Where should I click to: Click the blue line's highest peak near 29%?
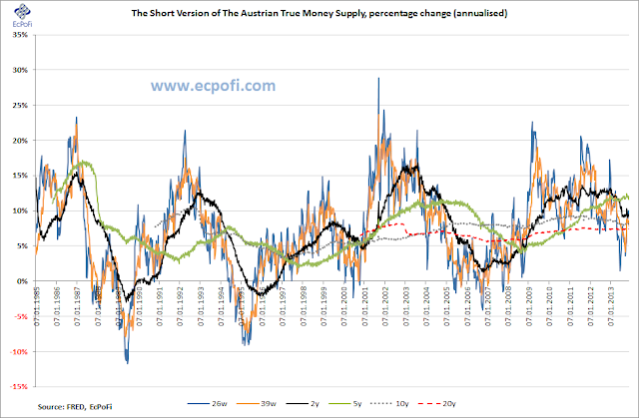[378, 78]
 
